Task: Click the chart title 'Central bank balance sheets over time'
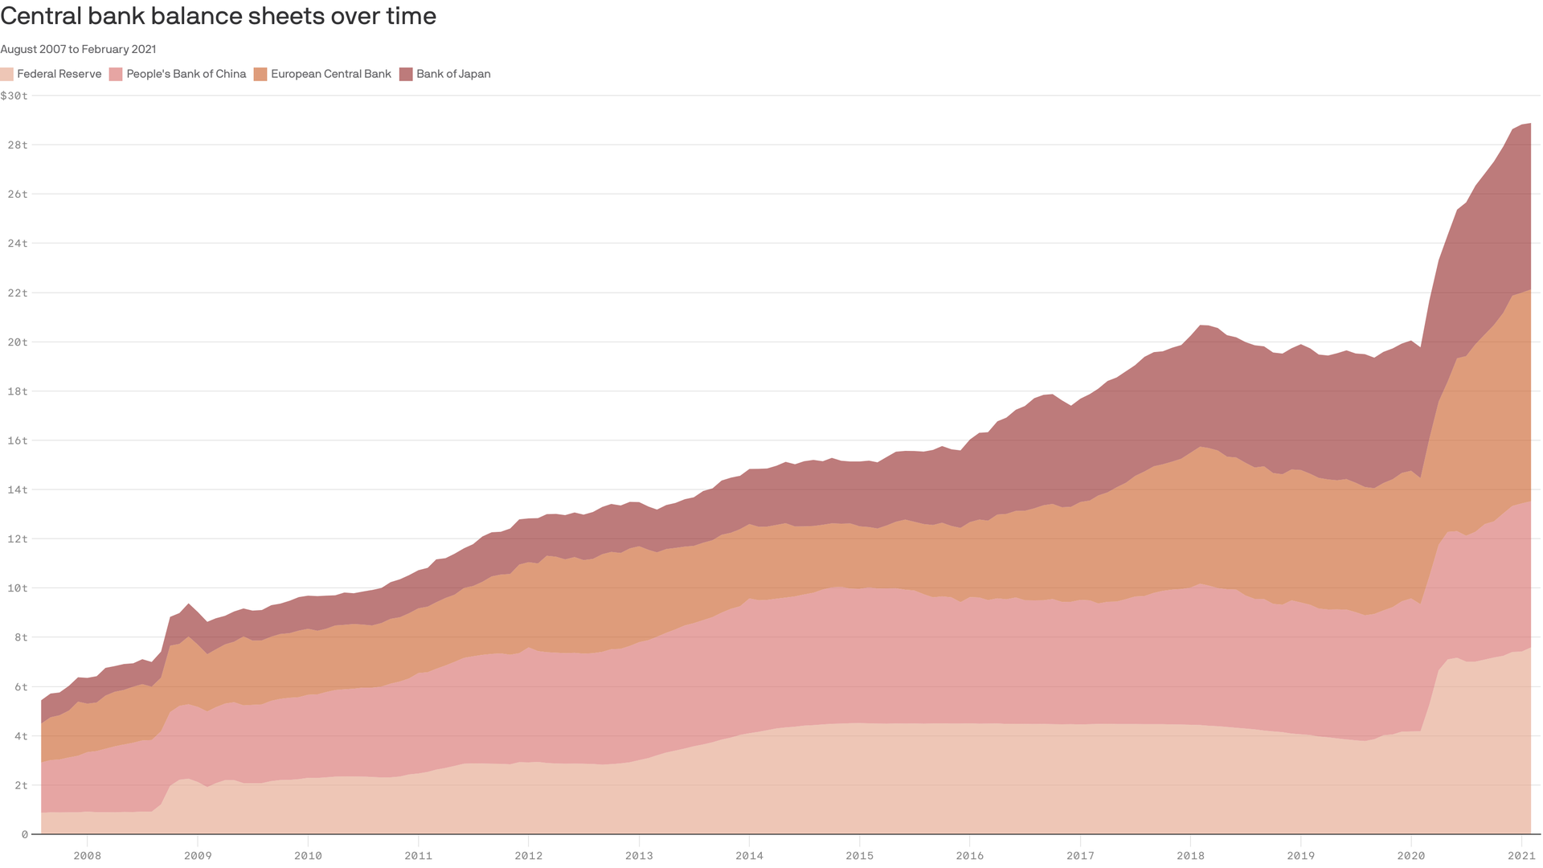[x=218, y=16]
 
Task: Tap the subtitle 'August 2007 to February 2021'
[x=78, y=49]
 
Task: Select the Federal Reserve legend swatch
[x=7, y=74]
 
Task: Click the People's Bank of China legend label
[x=186, y=74]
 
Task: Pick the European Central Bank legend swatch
[x=260, y=74]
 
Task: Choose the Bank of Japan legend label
[x=453, y=74]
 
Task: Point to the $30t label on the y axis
[x=14, y=96]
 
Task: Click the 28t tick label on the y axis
[x=18, y=145]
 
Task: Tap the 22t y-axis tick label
[x=18, y=293]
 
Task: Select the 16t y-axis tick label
[x=18, y=440]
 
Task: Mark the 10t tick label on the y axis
[x=18, y=588]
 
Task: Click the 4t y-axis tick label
[x=20, y=735]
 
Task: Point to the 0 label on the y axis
[x=25, y=834]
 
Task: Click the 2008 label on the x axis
[x=87, y=855]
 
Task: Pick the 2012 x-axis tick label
[x=528, y=855]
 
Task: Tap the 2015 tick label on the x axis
[x=859, y=855]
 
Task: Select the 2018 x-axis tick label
[x=1190, y=855]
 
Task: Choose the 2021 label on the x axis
[x=1521, y=855]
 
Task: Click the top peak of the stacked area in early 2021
[x=1529, y=124]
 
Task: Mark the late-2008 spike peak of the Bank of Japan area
[x=188, y=604]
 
